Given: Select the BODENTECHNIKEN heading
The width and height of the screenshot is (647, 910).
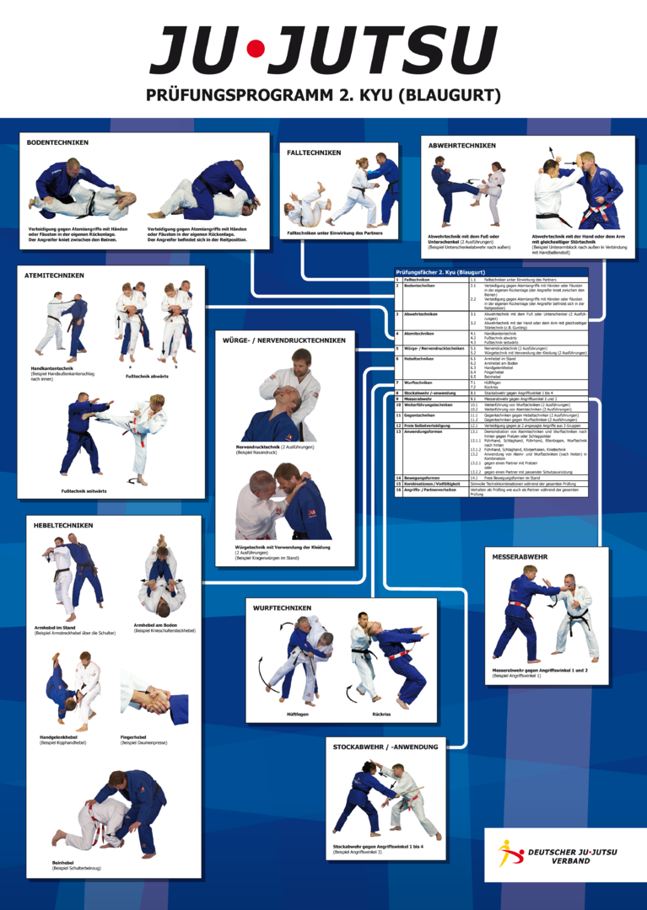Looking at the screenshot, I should click(x=57, y=142).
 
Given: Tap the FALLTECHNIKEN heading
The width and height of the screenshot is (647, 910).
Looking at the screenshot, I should click(x=314, y=153).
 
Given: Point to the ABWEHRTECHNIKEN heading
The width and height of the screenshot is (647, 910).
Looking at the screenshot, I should click(x=461, y=145).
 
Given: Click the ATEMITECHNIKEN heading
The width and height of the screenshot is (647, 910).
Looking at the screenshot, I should click(x=55, y=276).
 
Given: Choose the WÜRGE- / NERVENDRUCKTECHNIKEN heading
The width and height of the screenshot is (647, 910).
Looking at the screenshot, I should click(x=283, y=340).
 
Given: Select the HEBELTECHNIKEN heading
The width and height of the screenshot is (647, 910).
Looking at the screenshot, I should click(x=63, y=525).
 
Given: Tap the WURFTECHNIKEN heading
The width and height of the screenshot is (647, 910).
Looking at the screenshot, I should click(x=282, y=608).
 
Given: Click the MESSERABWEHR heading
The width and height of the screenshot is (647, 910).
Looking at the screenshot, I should click(x=520, y=557).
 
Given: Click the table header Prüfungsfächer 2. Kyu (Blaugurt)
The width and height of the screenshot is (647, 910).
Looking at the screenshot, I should click(x=440, y=272).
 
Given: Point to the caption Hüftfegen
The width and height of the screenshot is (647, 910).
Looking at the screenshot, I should click(x=298, y=714).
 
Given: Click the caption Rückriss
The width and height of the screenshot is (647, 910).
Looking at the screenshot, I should click(x=381, y=714).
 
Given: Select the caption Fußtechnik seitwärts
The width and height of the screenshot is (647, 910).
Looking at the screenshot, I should click(x=84, y=490).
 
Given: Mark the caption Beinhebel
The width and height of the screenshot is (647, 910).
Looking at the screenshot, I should click(x=64, y=862).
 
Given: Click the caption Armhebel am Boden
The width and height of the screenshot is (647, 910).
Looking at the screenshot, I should click(x=155, y=624).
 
